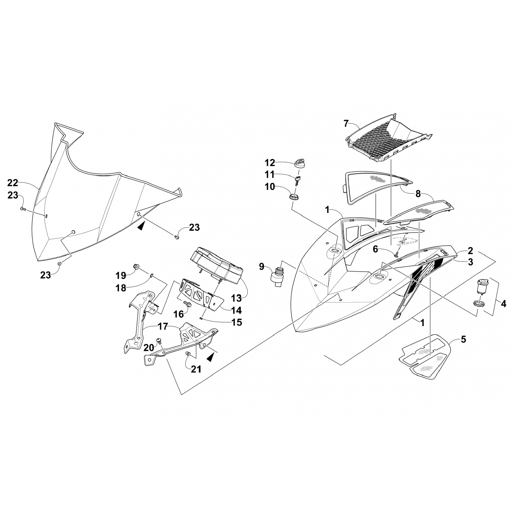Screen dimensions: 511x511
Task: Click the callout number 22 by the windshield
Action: [13, 183]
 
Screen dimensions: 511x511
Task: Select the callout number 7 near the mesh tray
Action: [346, 123]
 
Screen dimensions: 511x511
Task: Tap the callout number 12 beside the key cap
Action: [272, 162]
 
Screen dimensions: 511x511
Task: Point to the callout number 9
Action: [262, 266]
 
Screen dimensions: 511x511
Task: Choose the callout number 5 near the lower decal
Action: [463, 339]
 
